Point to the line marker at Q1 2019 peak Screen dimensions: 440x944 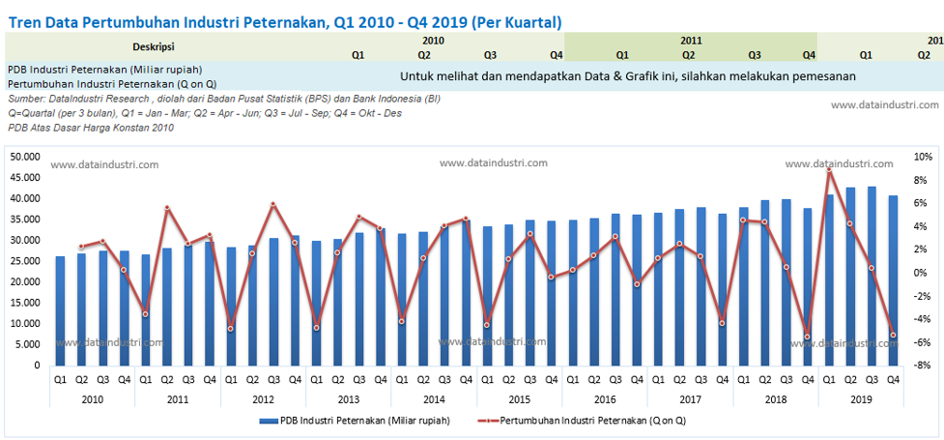pyautogui.click(x=829, y=170)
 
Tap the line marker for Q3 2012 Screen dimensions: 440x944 pyautogui.click(x=273, y=204)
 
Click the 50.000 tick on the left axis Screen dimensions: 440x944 pyautogui.click(x=24, y=157)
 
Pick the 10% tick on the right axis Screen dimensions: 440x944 pyautogui.click(x=923, y=157)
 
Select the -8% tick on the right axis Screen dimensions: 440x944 pyautogui.click(x=922, y=366)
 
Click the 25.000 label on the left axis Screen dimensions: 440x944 pyautogui.click(x=24, y=261)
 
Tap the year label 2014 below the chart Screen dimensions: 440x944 pyautogui.click(x=434, y=398)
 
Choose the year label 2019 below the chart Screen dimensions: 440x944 pyautogui.click(x=861, y=398)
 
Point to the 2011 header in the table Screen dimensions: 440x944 pyautogui.click(x=690, y=41)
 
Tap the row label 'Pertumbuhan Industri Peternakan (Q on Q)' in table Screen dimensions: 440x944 pyautogui.click(x=111, y=84)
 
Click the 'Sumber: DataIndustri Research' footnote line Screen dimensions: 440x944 pyautogui.click(x=223, y=99)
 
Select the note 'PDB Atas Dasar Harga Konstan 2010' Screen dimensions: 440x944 pyautogui.click(x=91, y=128)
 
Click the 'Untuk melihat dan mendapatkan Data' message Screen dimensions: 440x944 pyautogui.click(x=628, y=76)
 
